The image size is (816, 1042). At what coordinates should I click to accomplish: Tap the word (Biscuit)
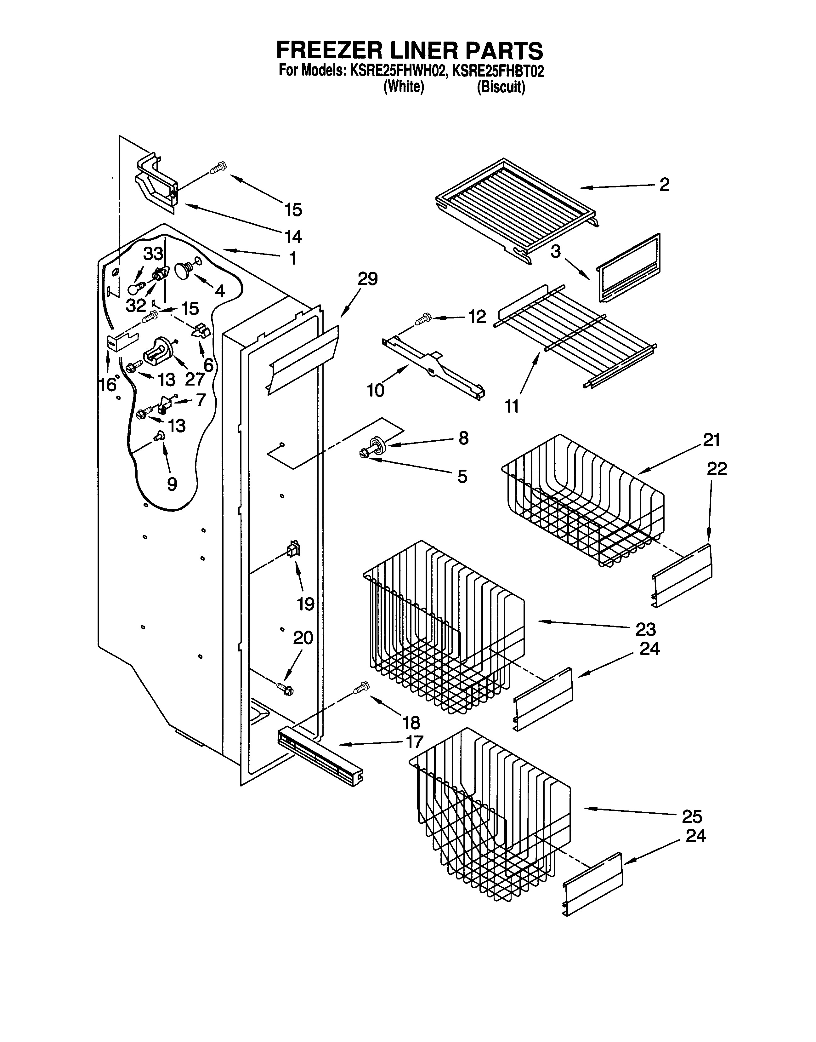coord(501,88)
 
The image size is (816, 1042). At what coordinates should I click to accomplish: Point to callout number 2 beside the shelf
coord(664,185)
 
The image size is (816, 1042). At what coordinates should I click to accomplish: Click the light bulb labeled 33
coord(135,288)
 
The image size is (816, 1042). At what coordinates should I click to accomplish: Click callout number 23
coord(645,629)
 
